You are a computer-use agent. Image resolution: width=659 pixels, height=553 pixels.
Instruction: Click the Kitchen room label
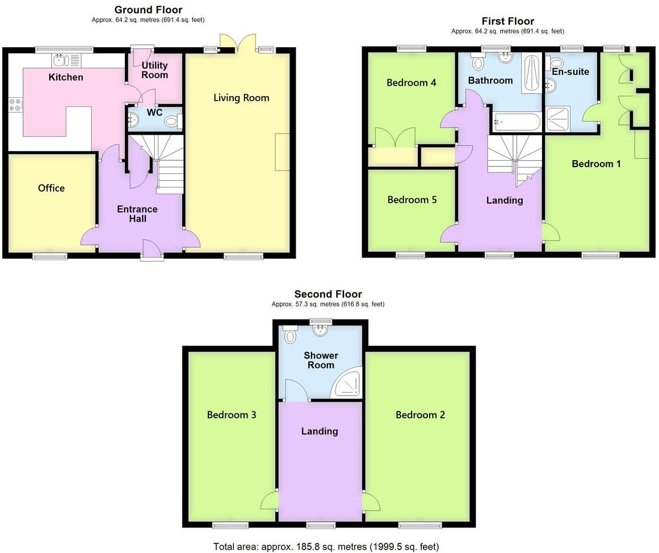(66, 77)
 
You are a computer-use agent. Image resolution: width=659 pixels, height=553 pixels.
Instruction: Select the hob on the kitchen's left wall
(15, 105)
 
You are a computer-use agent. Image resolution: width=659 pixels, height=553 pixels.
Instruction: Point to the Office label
(51, 188)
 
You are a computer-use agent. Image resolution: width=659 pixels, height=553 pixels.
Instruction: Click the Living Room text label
(241, 98)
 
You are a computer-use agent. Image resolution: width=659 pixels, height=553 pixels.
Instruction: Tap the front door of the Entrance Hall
(152, 250)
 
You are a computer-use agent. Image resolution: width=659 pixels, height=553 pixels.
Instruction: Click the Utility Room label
(154, 70)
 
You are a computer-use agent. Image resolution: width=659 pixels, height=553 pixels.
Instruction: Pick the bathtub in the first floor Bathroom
(517, 121)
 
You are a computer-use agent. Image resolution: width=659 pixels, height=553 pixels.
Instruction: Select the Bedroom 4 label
(411, 83)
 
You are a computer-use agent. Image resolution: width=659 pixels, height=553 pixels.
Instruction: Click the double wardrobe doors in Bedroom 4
(394, 138)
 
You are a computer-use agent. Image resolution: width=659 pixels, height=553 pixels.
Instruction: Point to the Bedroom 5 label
(412, 200)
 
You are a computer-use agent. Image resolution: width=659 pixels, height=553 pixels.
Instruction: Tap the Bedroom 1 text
(596, 164)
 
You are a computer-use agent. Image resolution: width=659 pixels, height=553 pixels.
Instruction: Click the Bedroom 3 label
(231, 415)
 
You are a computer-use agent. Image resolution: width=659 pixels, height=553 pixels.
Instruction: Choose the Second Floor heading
(328, 294)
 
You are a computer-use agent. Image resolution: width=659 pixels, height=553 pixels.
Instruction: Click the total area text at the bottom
(326, 547)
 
